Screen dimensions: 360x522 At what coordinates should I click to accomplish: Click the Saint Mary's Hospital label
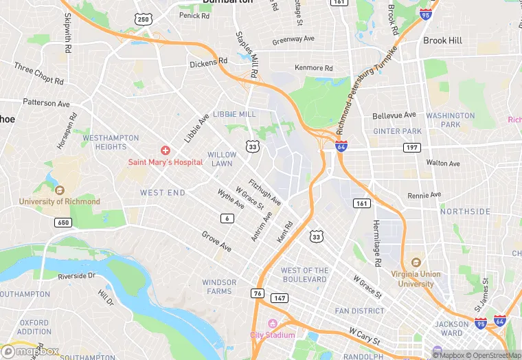point(165,162)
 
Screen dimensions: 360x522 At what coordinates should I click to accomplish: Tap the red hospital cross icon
point(166,150)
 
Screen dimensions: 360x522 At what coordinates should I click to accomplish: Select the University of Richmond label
point(59,201)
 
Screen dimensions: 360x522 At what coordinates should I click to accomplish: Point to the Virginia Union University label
point(416,278)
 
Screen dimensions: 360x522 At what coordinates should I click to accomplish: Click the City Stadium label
point(273,335)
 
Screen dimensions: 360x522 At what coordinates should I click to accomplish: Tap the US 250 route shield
point(143,19)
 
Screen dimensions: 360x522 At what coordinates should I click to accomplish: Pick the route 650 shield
point(63,223)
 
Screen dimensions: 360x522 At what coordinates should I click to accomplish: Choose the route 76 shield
point(258,293)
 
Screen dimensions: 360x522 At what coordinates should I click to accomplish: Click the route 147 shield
point(279,297)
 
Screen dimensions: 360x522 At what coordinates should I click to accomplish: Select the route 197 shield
point(412,147)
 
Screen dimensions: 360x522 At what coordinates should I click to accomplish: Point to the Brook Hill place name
point(442,41)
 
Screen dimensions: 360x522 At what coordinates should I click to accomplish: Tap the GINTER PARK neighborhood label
point(397,131)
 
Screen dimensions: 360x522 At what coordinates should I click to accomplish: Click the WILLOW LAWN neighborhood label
point(222,159)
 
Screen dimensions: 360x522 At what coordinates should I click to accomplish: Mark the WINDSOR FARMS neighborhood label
point(219,286)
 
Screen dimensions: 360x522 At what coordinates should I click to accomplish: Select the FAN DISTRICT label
point(359,311)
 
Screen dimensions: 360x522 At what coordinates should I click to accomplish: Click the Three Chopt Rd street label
point(38,74)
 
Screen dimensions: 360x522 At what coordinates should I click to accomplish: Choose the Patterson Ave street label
point(46,103)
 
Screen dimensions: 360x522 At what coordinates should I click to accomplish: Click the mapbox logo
point(30,352)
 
